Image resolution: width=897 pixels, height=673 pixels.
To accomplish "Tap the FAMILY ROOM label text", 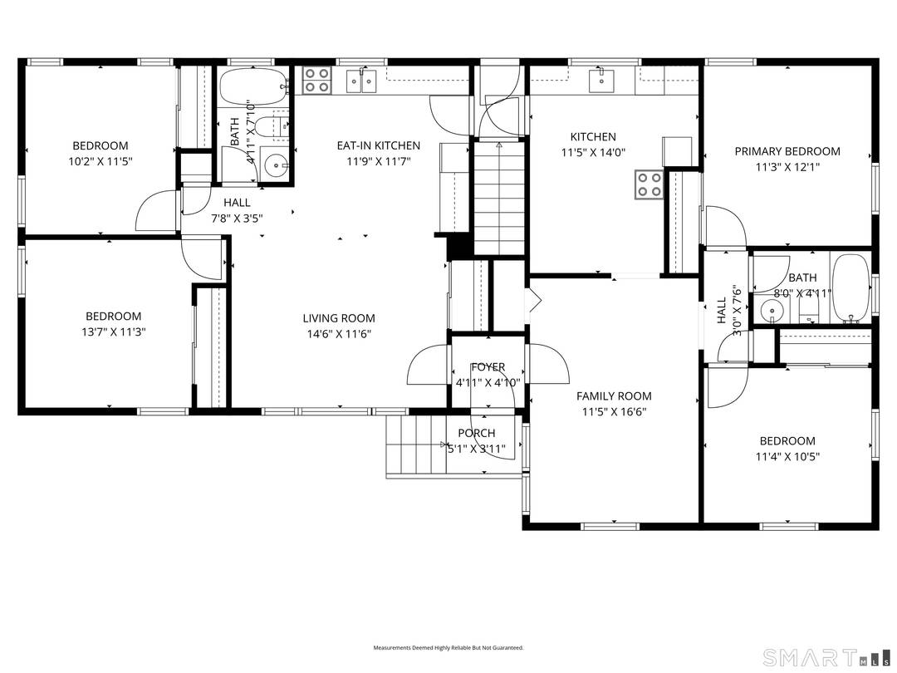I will [x=614, y=396].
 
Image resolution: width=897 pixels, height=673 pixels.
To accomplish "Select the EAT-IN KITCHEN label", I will [x=378, y=145].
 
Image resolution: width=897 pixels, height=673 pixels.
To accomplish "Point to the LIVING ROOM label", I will [x=338, y=318].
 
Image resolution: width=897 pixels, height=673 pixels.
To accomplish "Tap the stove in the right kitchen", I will [x=649, y=184].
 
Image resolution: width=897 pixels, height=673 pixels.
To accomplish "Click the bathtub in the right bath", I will [x=850, y=287].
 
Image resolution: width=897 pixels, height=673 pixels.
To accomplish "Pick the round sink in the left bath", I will [x=275, y=164].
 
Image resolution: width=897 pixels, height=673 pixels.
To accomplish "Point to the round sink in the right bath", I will [x=772, y=312].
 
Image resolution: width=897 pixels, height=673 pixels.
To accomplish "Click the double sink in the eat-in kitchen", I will [x=362, y=81].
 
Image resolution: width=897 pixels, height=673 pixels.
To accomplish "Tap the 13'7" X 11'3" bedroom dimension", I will [x=113, y=332].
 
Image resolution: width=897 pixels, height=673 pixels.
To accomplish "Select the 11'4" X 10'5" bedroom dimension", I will [x=786, y=456].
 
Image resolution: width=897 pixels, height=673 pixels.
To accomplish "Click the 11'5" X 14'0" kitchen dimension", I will [x=592, y=153].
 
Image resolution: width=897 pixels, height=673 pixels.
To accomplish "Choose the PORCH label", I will [x=476, y=433].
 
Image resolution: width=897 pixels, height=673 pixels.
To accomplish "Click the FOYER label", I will [x=488, y=367].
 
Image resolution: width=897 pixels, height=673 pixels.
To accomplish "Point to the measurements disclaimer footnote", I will [x=448, y=647].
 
